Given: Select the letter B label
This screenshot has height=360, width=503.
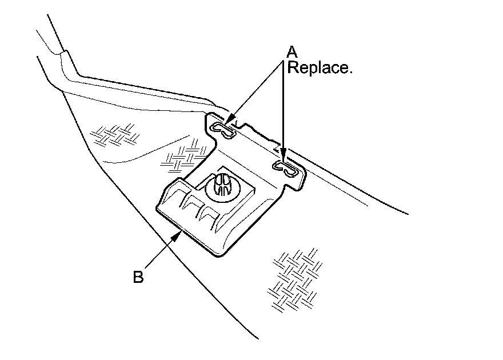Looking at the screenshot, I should (x=138, y=277).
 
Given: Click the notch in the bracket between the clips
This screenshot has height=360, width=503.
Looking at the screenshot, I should (x=242, y=124).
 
